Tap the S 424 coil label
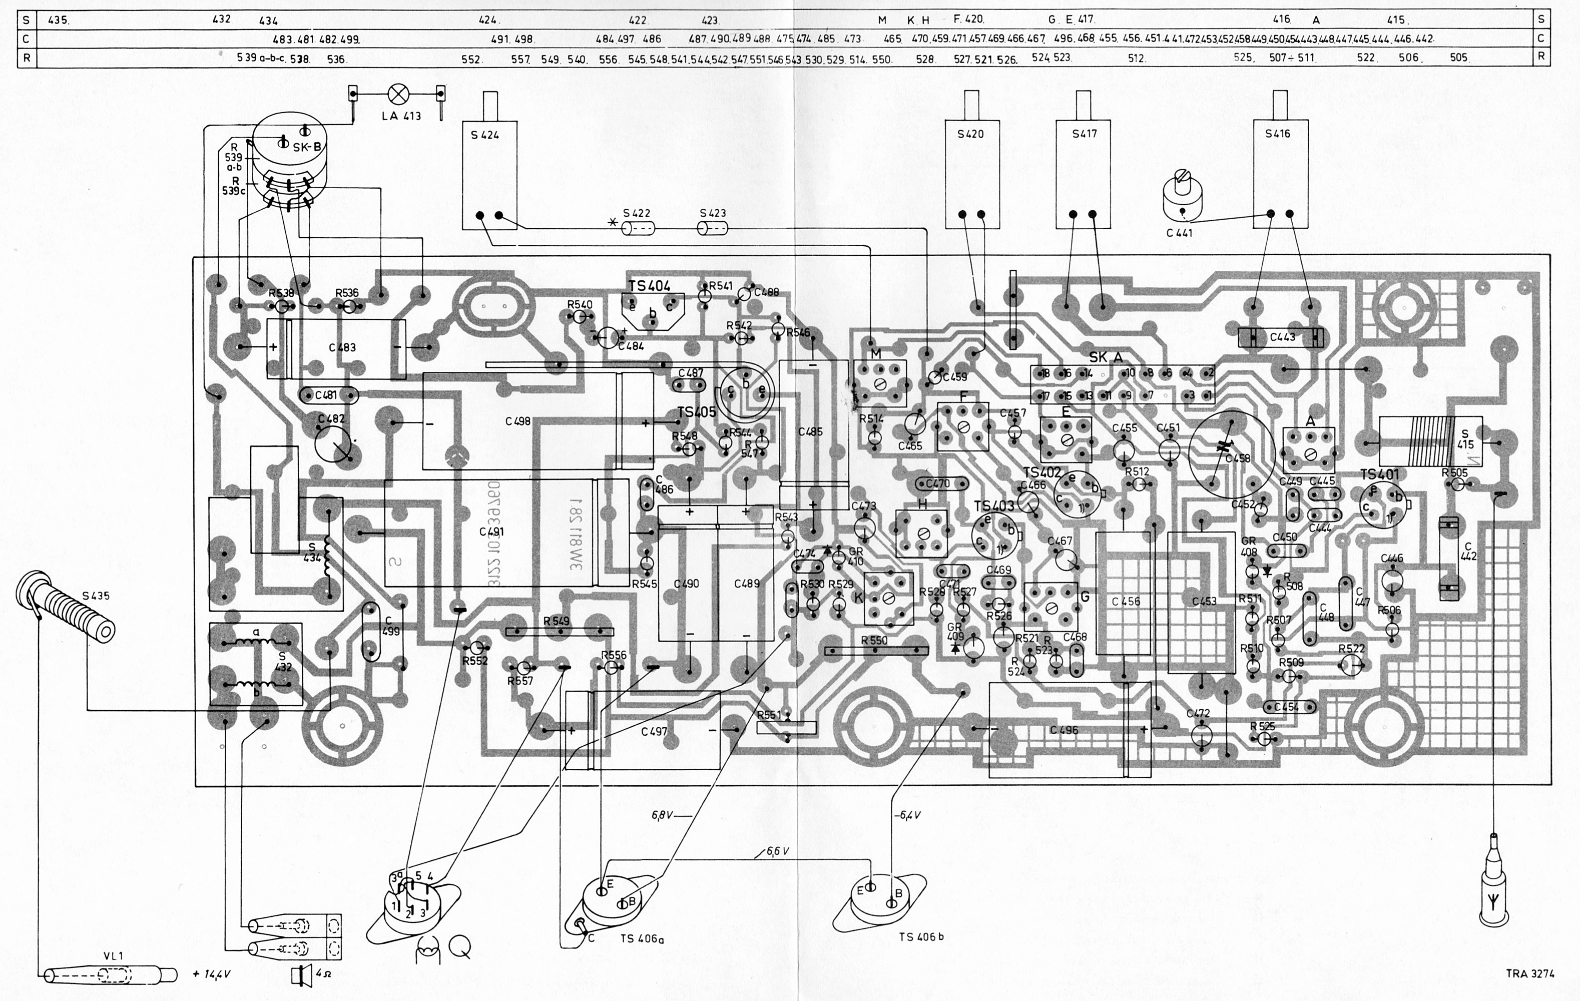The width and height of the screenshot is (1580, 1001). point(484,135)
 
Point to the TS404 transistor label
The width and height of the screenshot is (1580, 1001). point(649,285)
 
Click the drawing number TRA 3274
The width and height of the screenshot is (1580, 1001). point(1529,973)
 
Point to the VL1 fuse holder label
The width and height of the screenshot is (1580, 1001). point(113,956)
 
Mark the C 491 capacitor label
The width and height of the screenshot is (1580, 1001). point(491,532)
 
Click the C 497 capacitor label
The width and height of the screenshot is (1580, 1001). point(654,731)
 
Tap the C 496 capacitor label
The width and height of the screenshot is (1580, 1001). point(1063,730)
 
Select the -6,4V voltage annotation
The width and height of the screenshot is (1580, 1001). point(907,815)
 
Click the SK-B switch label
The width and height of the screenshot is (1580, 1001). point(306,148)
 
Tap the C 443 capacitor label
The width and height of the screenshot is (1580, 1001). point(1282,337)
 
